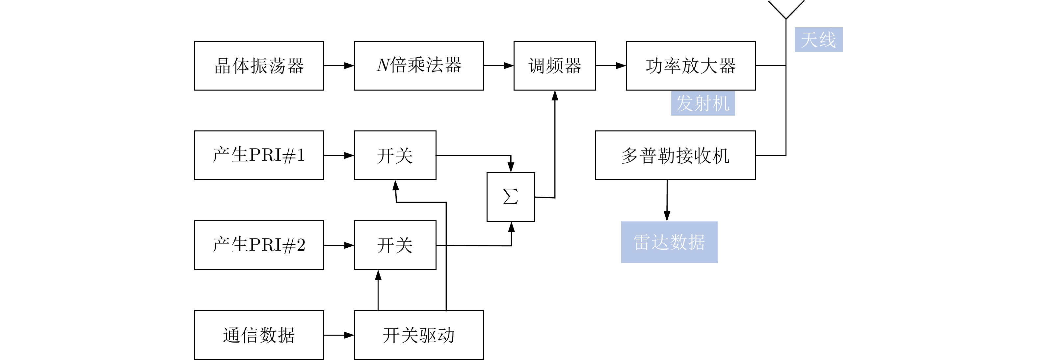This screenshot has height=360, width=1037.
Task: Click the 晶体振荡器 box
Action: click(259, 66)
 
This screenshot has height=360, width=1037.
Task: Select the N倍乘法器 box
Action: click(419, 66)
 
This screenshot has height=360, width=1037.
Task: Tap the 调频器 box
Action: click(554, 66)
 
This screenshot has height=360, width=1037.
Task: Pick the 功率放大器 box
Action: click(690, 66)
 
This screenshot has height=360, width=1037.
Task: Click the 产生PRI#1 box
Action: click(259, 155)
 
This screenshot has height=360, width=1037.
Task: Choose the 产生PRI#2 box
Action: click(259, 245)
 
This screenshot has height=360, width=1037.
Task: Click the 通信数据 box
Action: click(259, 335)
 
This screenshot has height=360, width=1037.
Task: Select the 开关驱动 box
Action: click(419, 335)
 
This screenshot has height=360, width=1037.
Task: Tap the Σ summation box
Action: click(511, 197)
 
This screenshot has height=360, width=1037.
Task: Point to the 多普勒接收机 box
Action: click(675, 155)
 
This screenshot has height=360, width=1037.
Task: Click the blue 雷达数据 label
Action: click(669, 242)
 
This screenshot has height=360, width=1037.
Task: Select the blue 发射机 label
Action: click(703, 103)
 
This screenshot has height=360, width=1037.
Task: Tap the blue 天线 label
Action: click(818, 40)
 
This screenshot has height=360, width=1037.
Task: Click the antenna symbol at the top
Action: click(786, 10)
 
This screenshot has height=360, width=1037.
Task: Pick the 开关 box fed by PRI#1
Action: click(395, 155)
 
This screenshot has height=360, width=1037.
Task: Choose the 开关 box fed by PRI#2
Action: click(395, 245)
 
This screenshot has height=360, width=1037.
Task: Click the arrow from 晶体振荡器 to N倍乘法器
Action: click(338, 66)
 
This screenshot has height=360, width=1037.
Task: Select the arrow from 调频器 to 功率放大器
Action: click(611, 66)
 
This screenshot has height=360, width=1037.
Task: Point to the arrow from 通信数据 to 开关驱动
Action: click(338, 335)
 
